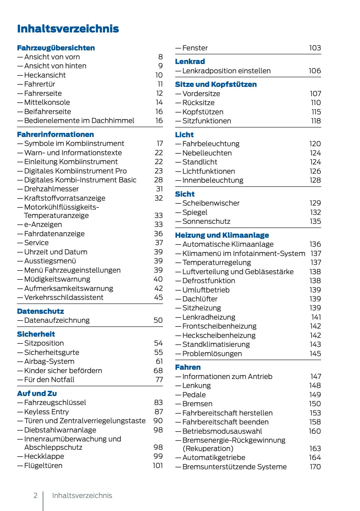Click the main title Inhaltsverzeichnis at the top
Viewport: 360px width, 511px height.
pos(68,29)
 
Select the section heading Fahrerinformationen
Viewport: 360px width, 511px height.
pos(55,134)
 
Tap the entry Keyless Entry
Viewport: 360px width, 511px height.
pos(46,412)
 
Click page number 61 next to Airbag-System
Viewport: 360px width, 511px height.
pos(159,361)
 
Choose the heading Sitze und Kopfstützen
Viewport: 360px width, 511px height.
pos(216,84)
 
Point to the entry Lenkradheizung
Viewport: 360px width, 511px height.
pos(209,317)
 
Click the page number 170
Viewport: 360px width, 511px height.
pos(315,467)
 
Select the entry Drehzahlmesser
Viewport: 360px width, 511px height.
pos(51,189)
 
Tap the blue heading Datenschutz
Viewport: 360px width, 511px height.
pos(40,311)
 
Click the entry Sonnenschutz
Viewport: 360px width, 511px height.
pos(206,221)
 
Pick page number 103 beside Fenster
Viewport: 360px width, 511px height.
pos(315,48)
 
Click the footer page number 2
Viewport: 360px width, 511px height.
pos(36,496)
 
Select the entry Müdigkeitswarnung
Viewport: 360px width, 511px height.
pos(57,279)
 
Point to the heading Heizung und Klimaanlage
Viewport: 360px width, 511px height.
pos(222,235)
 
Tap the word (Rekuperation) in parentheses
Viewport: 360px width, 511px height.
pos(208,449)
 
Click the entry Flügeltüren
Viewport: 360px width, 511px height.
pos(43,466)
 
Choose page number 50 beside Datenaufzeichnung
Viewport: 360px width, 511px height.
pos(158,320)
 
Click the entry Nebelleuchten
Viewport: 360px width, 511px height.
pos(207,153)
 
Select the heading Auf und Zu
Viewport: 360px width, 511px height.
pos(37,394)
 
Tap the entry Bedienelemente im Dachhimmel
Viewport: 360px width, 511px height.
pos(79,121)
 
